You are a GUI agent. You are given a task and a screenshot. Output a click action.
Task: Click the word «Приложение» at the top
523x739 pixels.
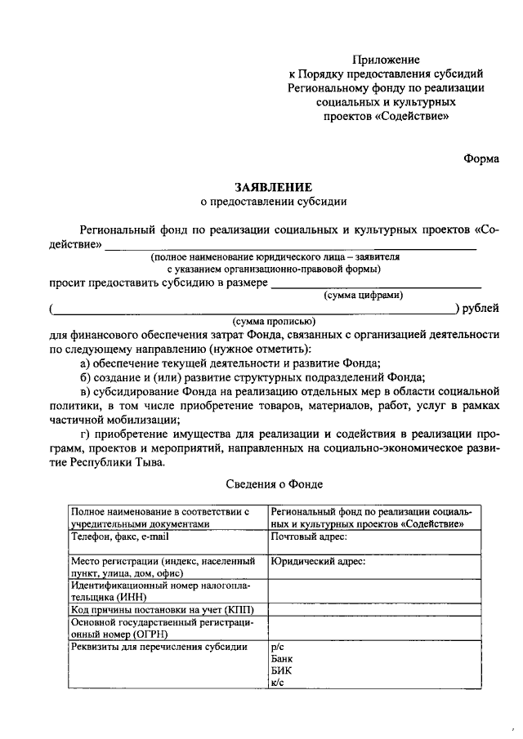click(x=387, y=60)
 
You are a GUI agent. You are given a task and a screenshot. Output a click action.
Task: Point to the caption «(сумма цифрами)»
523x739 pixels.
click(x=363, y=295)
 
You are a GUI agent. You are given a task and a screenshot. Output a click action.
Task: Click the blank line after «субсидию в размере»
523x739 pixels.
click(x=375, y=285)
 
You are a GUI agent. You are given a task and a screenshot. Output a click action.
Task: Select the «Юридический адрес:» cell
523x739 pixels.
click(x=318, y=562)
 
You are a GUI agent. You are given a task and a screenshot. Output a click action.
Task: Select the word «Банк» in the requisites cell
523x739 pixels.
click(x=281, y=658)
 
